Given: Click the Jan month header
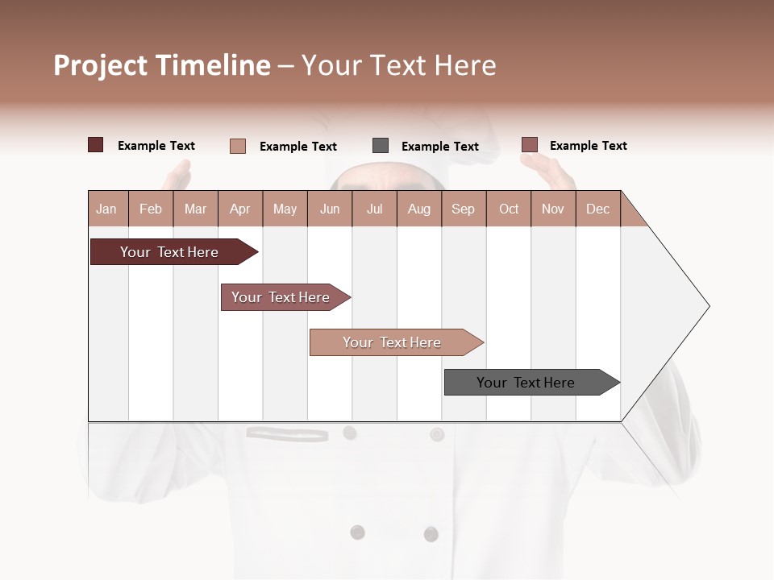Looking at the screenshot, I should tap(106, 209).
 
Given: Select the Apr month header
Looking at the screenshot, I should tap(240, 209).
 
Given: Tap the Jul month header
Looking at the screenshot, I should tap(375, 209).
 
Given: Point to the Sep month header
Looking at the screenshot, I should tap(463, 209).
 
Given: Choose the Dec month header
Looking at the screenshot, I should tap(597, 209).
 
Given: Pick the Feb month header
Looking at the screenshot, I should tap(151, 209).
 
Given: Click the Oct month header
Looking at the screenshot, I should tap(509, 209).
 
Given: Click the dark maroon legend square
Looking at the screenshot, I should tap(96, 145).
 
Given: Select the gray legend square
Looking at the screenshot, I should tap(381, 145).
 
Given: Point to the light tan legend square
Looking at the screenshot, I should tap(238, 146).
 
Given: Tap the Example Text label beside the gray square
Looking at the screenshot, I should tap(439, 147).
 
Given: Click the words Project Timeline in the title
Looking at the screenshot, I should tap(161, 65).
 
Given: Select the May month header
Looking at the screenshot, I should tap(285, 209).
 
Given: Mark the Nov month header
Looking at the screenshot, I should tap(553, 209).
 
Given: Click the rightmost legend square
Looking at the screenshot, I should tap(529, 145).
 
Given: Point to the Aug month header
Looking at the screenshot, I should tap(419, 209).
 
